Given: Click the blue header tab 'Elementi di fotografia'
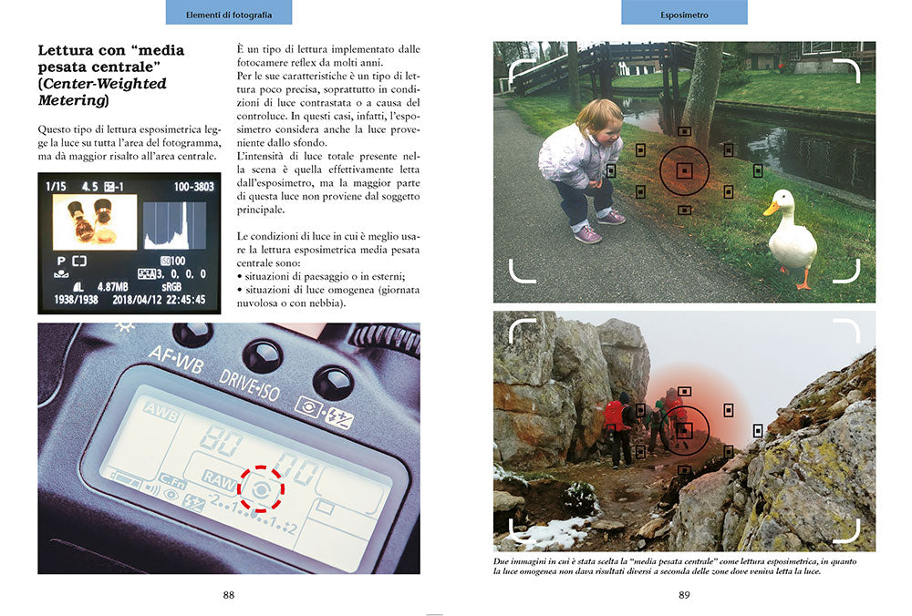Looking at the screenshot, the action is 229,12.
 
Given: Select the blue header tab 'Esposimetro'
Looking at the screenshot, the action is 684,12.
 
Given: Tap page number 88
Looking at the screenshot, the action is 229,594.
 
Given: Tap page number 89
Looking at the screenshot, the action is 684,594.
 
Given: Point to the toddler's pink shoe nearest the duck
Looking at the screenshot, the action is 611,218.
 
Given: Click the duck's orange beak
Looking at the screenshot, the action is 771,208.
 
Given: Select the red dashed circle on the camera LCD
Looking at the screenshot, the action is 261,489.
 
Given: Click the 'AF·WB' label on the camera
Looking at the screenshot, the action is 176,359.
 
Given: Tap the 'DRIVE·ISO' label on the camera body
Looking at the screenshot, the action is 249,385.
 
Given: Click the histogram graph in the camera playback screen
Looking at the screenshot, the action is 174,225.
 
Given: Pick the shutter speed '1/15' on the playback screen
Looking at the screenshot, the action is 56,187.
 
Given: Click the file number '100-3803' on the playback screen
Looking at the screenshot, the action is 193,187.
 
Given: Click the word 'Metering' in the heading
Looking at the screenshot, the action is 71,100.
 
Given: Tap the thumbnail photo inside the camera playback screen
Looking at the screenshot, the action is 95,222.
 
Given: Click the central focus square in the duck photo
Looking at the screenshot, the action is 685,170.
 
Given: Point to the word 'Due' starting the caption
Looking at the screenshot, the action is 502,561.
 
